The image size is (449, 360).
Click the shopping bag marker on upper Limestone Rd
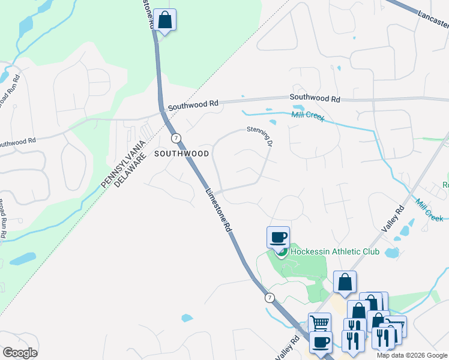(x=164, y=20)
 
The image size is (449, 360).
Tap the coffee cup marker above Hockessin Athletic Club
(x=278, y=238)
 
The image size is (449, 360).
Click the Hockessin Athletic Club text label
(x=335, y=251)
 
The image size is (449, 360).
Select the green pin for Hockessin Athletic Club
(x=280, y=252)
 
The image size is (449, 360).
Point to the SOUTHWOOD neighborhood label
(x=181, y=154)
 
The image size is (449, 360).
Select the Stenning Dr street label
(x=260, y=136)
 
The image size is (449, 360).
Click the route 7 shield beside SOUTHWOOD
(x=175, y=138)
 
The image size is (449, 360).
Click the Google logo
(x=20, y=353)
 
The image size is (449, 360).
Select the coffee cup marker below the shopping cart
(x=320, y=343)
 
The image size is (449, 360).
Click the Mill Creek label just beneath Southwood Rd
(x=307, y=116)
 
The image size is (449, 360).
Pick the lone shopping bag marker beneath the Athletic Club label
(x=345, y=282)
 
